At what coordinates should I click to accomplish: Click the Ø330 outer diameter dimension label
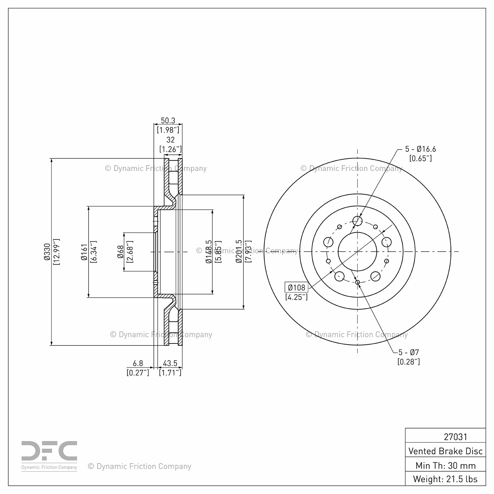47,252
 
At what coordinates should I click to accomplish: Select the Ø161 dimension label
84,252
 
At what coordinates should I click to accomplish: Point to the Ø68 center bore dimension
121,252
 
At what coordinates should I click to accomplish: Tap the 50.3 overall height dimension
168,121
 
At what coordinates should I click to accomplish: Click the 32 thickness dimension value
170,140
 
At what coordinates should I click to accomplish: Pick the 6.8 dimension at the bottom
138,363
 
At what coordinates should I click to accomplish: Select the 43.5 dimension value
170,363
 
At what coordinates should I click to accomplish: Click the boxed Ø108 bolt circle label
296,287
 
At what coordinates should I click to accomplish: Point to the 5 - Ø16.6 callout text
421,149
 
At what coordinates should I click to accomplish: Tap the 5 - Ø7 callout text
409,352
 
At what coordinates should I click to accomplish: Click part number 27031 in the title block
455,437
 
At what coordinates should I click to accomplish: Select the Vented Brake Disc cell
445,451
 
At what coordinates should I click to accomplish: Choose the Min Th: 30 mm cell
445,465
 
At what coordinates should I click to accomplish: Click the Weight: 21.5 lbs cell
445,479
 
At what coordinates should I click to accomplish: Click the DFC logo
49,455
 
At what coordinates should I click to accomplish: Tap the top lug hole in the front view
357,221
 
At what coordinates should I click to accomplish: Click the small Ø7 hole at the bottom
358,282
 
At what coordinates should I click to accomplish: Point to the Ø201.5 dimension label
239,252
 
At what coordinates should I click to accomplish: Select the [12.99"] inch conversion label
56,252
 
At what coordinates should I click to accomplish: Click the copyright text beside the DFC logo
140,466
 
